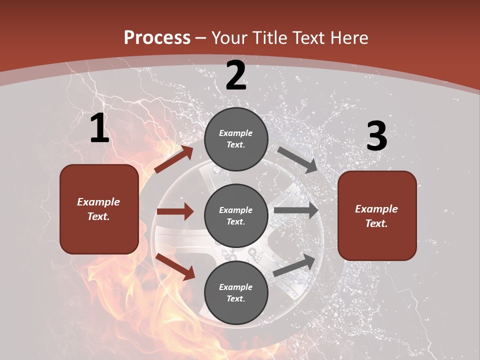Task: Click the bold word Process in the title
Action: (157, 38)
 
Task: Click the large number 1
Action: (99, 128)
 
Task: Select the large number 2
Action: (236, 75)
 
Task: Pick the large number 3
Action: (376, 136)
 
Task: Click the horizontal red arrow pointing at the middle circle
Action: (175, 211)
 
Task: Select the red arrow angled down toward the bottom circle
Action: (175, 266)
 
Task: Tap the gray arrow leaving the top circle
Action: (297, 159)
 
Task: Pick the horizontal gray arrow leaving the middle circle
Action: (296, 210)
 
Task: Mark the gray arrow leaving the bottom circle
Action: (294, 265)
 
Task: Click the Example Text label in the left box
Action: (98, 209)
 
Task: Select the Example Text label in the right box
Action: (376, 216)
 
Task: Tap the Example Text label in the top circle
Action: (236, 139)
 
